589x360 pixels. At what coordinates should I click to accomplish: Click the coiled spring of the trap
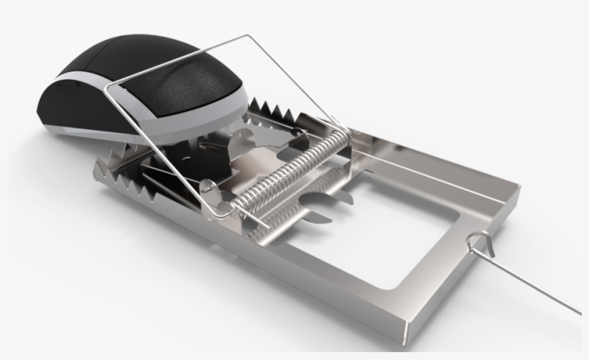tap(294, 172)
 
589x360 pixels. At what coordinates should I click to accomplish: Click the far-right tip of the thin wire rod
tap(579, 313)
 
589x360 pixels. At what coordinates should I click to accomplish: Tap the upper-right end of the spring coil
tap(345, 137)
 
